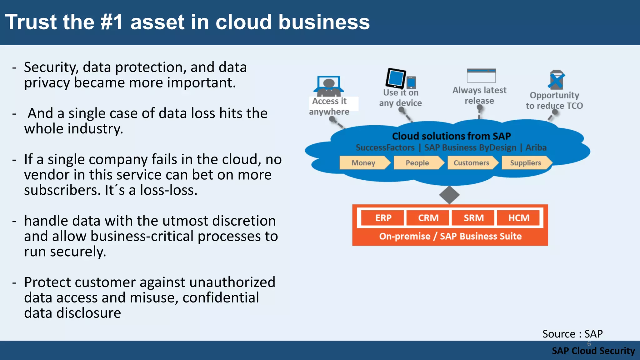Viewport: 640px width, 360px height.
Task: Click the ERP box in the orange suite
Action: (383, 218)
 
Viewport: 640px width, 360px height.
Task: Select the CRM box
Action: (428, 218)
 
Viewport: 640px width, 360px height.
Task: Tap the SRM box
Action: (473, 218)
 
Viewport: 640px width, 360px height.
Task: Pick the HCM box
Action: (518, 218)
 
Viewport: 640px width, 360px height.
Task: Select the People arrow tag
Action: (418, 163)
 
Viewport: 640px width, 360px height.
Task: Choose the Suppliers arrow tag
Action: (526, 163)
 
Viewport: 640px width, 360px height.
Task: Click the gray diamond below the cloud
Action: (449, 195)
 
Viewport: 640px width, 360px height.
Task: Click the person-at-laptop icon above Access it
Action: (329, 86)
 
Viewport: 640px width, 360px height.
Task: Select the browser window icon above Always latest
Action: (481, 76)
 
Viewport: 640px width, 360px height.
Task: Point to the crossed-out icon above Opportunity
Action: (556, 80)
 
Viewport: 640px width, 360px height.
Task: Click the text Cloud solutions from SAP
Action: (451, 136)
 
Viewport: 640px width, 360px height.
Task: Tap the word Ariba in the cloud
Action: (536, 147)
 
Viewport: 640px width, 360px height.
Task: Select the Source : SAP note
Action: (572, 334)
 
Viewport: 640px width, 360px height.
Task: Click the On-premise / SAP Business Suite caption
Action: (450, 236)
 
